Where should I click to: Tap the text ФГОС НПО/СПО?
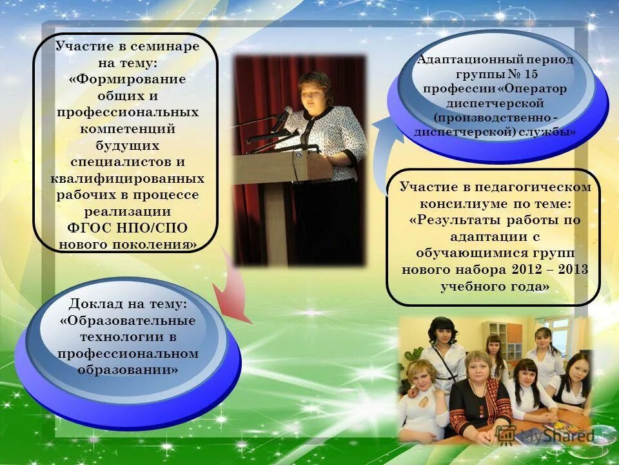[127, 228]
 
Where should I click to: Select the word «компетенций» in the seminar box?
[126, 129]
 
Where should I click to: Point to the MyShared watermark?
[561, 437]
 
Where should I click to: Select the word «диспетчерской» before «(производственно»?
[496, 103]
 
